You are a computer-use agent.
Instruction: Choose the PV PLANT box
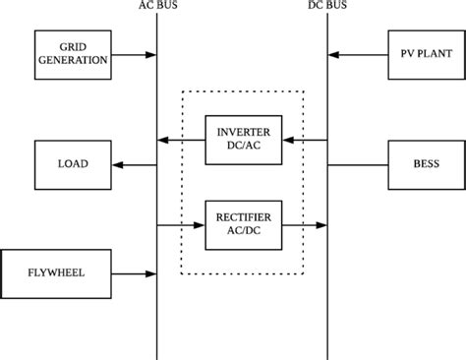pos(417,54)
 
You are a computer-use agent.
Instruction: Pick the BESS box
pos(417,164)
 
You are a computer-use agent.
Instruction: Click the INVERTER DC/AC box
pos(243,140)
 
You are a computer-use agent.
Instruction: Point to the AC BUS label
pos(157,6)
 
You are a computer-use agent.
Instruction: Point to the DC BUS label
pos(327,6)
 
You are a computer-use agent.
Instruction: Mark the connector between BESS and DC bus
pos(357,164)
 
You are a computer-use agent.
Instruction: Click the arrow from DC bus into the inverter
pos(305,140)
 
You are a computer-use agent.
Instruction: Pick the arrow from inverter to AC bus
pos(181,140)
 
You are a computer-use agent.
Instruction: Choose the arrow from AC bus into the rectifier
pos(181,224)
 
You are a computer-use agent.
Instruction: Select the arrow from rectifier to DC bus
pos(305,224)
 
